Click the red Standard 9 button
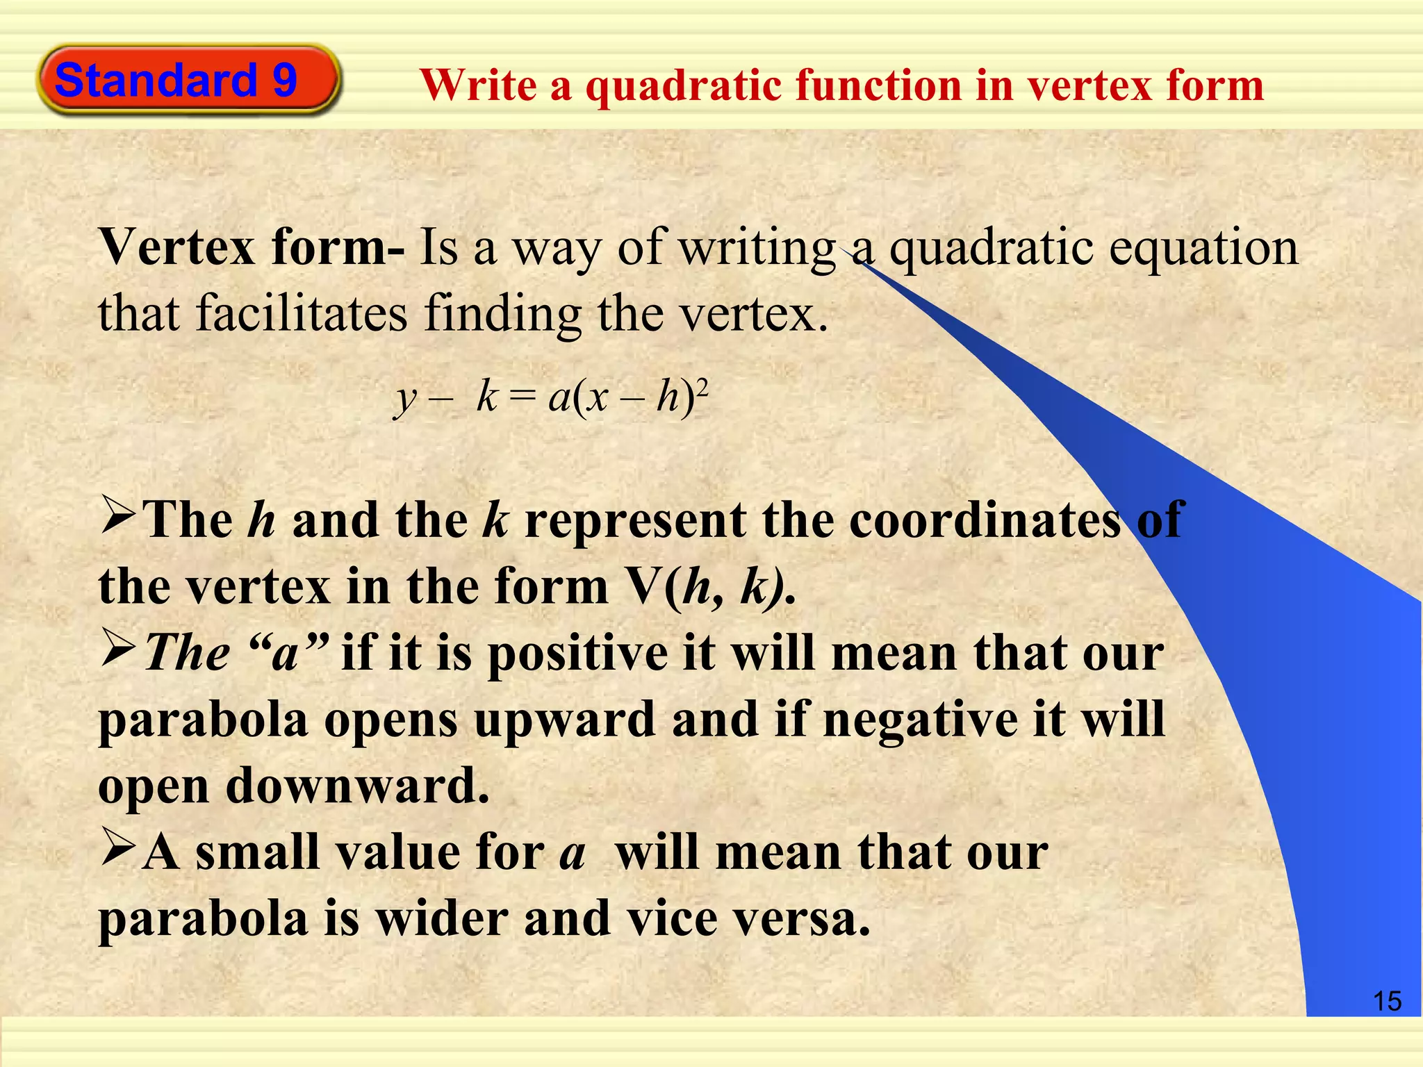tap(188, 79)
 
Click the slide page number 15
tap(1387, 1001)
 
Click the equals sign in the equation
tap(523, 399)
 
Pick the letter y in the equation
tap(405, 400)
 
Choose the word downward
tap(357, 786)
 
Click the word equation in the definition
tap(1203, 249)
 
